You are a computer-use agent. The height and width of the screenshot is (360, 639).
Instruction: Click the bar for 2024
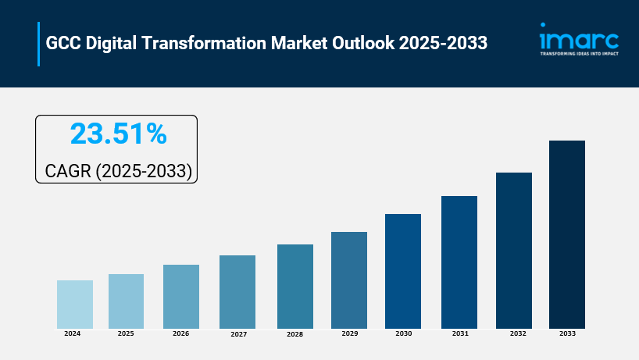pyautogui.click(x=75, y=304)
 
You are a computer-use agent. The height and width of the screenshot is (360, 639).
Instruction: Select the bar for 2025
pyautogui.click(x=126, y=301)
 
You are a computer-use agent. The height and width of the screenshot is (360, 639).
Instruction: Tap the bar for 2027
pyautogui.click(x=237, y=291)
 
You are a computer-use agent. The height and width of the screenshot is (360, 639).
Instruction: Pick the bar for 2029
pyautogui.click(x=349, y=280)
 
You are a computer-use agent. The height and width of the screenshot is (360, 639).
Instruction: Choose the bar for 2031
pyautogui.click(x=459, y=262)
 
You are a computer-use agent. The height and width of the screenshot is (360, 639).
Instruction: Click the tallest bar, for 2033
pyautogui.click(x=567, y=234)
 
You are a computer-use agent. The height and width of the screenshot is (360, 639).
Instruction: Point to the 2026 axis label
pyautogui.click(x=181, y=333)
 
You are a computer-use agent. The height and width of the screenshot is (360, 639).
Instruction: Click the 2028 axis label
pyautogui.click(x=295, y=333)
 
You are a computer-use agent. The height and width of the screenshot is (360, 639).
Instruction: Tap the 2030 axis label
pyautogui.click(x=404, y=333)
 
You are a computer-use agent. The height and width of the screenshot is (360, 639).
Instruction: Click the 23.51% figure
pyautogui.click(x=118, y=134)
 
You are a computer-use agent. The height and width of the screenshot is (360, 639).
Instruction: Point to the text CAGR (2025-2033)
pyautogui.click(x=118, y=169)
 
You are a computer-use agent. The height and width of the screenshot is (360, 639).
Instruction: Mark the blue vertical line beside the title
pyautogui.click(x=38, y=44)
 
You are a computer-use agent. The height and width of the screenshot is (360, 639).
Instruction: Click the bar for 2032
pyautogui.click(x=514, y=250)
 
